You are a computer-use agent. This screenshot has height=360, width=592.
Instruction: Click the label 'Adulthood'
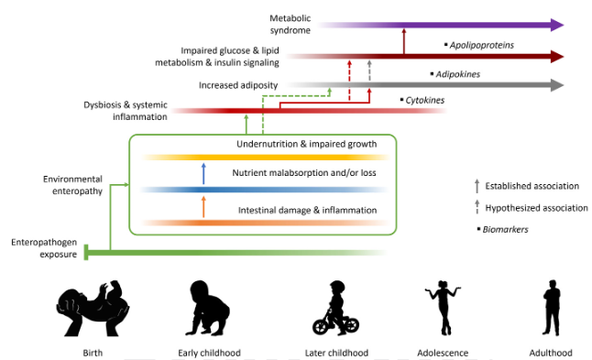click(553, 353)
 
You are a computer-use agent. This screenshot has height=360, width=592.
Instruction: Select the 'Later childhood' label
click(336, 353)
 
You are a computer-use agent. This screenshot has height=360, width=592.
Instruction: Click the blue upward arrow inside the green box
click(203, 174)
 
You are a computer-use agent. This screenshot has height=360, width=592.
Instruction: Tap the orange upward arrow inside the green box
click(203, 207)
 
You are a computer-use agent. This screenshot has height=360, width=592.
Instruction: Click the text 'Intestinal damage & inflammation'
click(307, 211)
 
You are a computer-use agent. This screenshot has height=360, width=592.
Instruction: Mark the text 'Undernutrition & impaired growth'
click(306, 145)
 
